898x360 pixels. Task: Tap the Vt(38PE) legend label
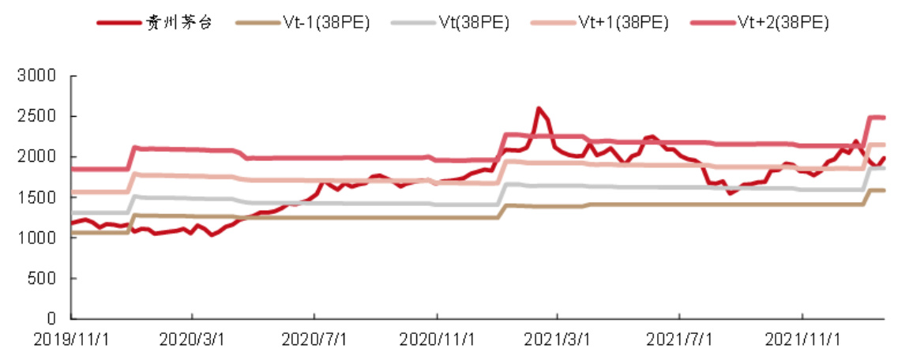[472, 22]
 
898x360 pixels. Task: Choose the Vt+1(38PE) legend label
[626, 22]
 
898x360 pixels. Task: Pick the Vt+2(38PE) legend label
[786, 22]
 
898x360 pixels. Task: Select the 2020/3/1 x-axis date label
[192, 340]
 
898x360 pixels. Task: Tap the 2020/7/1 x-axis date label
[314, 340]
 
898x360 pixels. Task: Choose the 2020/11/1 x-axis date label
[437, 340]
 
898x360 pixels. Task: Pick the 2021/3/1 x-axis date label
[558, 340]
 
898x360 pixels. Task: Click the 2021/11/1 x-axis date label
[803, 340]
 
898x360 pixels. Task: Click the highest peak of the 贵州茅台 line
[539, 109]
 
